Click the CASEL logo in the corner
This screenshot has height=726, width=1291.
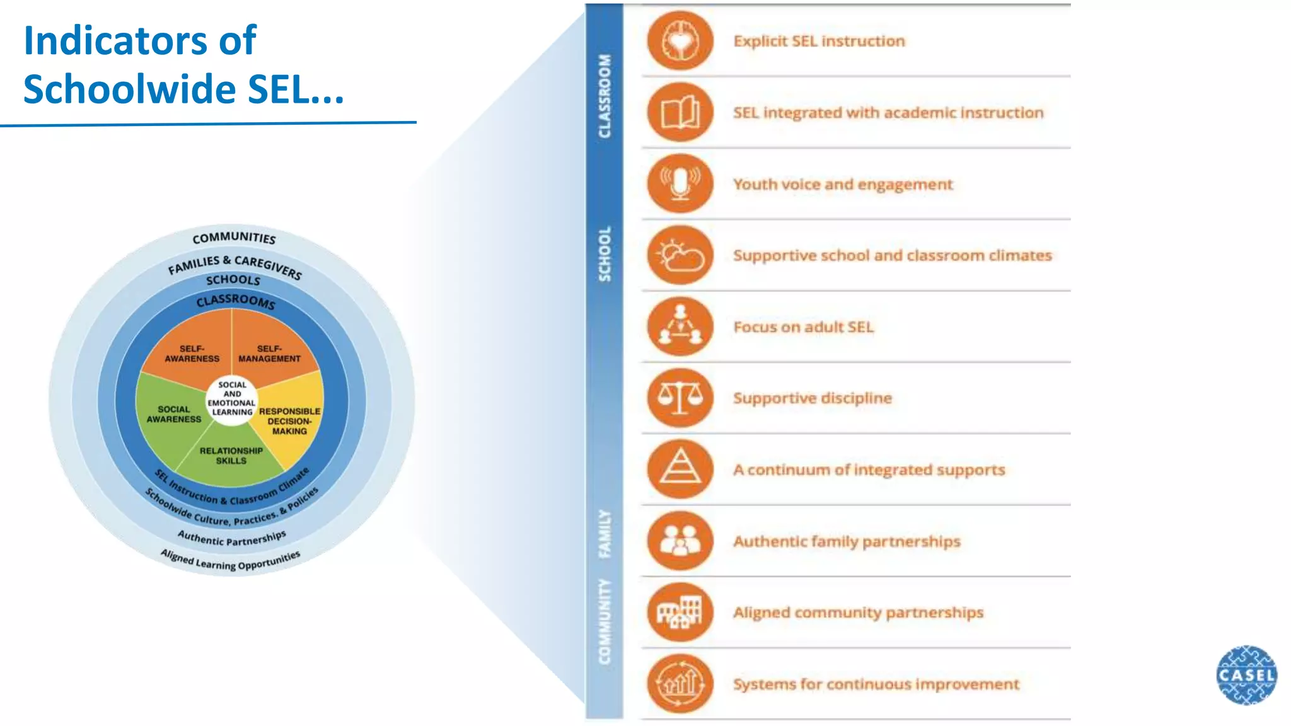click(x=1246, y=674)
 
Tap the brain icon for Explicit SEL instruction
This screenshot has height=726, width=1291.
click(x=680, y=41)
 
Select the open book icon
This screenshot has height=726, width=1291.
click(x=680, y=113)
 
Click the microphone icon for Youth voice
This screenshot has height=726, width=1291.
click(x=680, y=184)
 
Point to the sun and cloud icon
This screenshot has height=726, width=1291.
click(x=680, y=255)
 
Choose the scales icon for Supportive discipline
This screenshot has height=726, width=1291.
click(x=680, y=398)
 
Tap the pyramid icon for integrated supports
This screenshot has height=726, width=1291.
click(x=680, y=470)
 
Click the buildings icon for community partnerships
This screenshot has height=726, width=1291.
click(x=680, y=613)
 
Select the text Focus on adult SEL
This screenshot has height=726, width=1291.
click(x=803, y=327)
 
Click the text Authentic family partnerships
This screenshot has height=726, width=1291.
click(x=847, y=541)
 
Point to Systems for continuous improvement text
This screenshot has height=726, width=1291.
click(x=876, y=684)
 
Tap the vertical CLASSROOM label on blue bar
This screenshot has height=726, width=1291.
click(x=605, y=96)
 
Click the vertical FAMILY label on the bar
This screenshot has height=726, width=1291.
click(x=605, y=533)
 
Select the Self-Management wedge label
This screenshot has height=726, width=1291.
click(x=269, y=354)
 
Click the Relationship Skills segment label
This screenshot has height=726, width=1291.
click(x=231, y=456)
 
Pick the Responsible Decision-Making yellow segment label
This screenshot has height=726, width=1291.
click(x=289, y=421)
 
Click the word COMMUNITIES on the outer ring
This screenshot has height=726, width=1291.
click(x=234, y=238)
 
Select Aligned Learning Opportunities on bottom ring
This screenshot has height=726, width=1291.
click(x=231, y=560)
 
